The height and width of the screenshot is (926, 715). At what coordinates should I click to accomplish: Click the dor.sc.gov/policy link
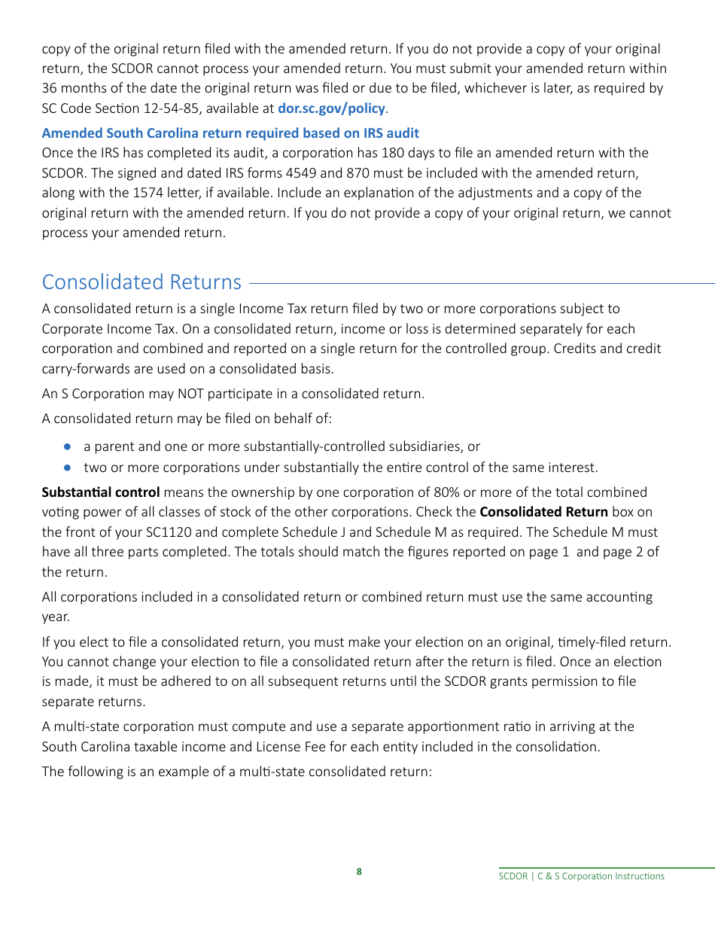tap(331, 108)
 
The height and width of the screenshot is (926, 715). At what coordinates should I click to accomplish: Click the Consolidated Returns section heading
tap(141, 282)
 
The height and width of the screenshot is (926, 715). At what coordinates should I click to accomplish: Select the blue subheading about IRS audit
tap(230, 133)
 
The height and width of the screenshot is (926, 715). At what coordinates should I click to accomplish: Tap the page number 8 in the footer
tap(359, 872)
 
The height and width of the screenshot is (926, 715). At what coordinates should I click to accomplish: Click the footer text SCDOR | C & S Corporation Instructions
tap(582, 876)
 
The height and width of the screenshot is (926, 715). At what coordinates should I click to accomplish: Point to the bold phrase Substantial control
tap(100, 492)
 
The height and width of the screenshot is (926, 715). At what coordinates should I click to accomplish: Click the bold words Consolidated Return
tap(543, 512)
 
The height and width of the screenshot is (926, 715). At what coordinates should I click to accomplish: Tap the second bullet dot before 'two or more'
tap(67, 468)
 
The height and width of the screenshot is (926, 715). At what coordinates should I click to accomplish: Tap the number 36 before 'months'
tap(50, 88)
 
